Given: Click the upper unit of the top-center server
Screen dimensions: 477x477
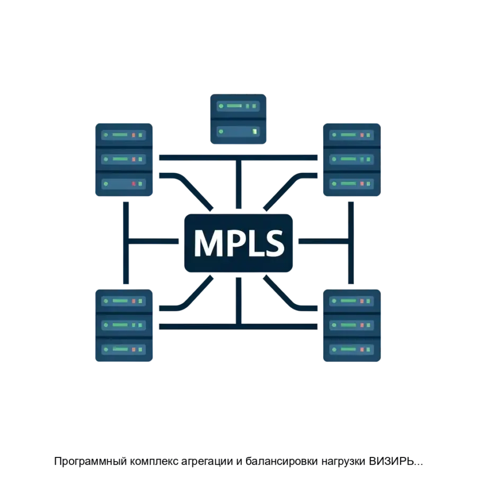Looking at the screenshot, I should (x=237, y=106).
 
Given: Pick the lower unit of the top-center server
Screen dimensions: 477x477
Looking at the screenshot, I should (x=237, y=130).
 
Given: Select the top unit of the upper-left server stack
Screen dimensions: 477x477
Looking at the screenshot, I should (x=124, y=135).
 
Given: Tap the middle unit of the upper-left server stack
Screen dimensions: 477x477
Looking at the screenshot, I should (x=124, y=158).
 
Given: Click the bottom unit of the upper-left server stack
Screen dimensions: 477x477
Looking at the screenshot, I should (x=124, y=183).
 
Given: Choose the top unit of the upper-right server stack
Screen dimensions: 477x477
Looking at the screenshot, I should (x=350, y=135).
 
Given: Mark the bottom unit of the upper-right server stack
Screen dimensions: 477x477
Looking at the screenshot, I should (x=350, y=184).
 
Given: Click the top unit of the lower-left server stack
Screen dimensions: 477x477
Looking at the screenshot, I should (x=124, y=301).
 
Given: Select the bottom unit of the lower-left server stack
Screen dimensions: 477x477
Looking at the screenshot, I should (x=124, y=349).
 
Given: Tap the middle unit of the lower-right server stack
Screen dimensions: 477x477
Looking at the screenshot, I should (x=350, y=325).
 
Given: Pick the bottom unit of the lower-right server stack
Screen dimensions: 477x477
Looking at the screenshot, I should (x=350, y=349).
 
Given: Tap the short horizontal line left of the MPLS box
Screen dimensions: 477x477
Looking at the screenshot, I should (x=156, y=242).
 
